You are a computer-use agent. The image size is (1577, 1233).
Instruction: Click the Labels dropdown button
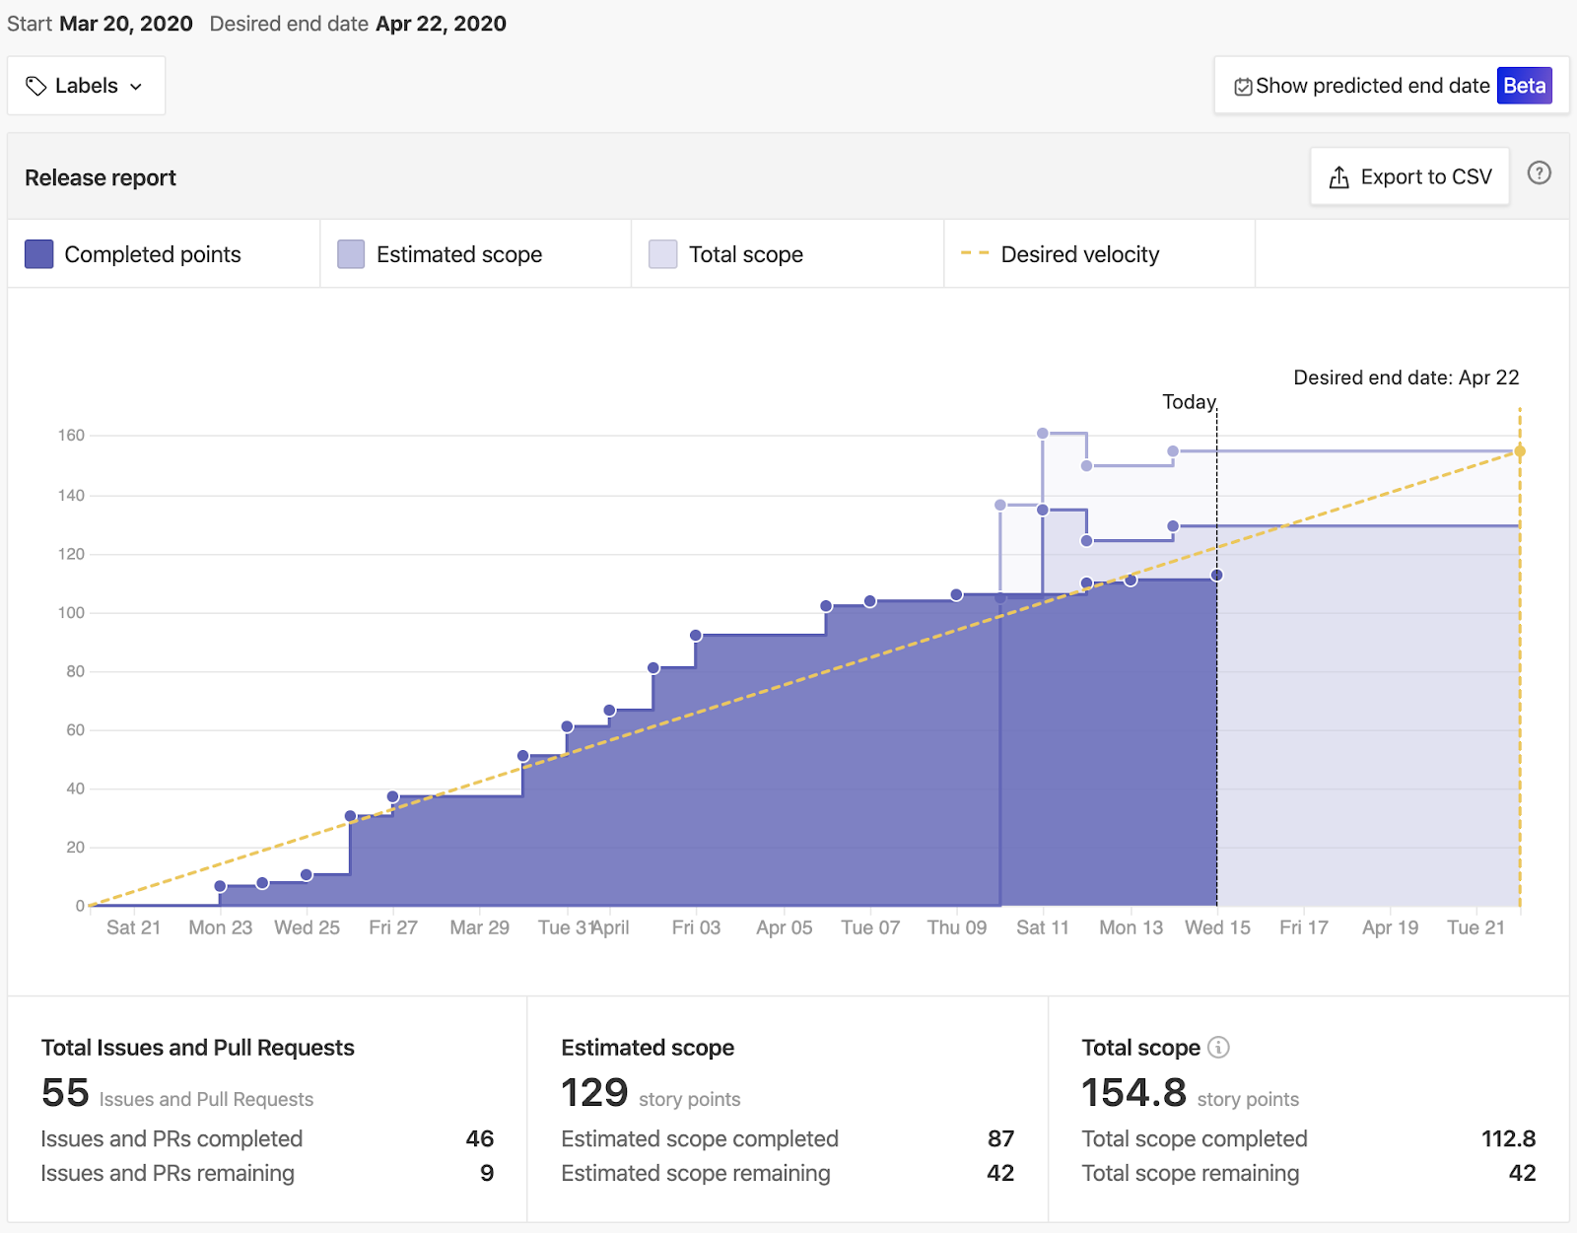pos(86,86)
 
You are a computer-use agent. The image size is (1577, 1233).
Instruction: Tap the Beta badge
pos(1524,86)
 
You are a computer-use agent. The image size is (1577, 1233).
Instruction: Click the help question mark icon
pos(1539,173)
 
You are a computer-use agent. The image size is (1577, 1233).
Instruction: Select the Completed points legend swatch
pos(39,254)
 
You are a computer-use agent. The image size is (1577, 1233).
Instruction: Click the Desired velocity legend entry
pos(1079,254)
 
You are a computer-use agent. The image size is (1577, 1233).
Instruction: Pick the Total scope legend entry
pos(745,254)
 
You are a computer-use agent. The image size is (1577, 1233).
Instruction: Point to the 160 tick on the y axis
pos(71,436)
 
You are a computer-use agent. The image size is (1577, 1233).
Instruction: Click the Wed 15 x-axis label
pos(1217,927)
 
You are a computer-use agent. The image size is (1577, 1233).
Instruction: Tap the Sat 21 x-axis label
pos(133,927)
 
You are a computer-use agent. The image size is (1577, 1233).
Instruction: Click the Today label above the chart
pos(1189,402)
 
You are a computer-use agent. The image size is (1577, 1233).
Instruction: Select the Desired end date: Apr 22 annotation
pos(1406,377)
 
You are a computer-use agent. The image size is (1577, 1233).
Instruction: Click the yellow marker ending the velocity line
pos(1520,451)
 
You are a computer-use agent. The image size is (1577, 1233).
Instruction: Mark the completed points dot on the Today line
pos(1217,575)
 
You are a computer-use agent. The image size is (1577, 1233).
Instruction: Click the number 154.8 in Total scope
pos(1133,1093)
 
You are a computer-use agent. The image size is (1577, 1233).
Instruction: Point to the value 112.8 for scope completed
pos(1508,1138)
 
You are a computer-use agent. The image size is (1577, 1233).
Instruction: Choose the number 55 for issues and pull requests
pos(65,1093)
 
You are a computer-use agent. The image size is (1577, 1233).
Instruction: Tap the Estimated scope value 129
pos(594,1093)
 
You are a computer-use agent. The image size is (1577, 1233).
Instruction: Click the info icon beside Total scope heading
pos(1219,1048)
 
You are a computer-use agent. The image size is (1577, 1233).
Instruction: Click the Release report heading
pos(101,177)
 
